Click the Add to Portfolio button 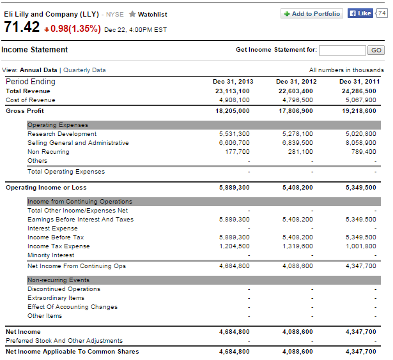312,14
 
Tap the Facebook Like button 360,13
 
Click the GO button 376,50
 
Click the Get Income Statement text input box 343,50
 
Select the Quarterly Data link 84,70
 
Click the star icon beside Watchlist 132,14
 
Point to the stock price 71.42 22,27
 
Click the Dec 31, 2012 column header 297,82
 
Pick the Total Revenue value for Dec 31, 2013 233,91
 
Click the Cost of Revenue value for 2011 361,100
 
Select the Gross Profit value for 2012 296,111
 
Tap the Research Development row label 62,134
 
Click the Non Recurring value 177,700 237,152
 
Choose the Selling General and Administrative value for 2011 361,143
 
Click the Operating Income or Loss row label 46,188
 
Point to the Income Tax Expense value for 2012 298,246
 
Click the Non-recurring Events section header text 58,280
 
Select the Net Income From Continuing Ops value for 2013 235,266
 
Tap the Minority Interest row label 51,255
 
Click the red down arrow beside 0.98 47,30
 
